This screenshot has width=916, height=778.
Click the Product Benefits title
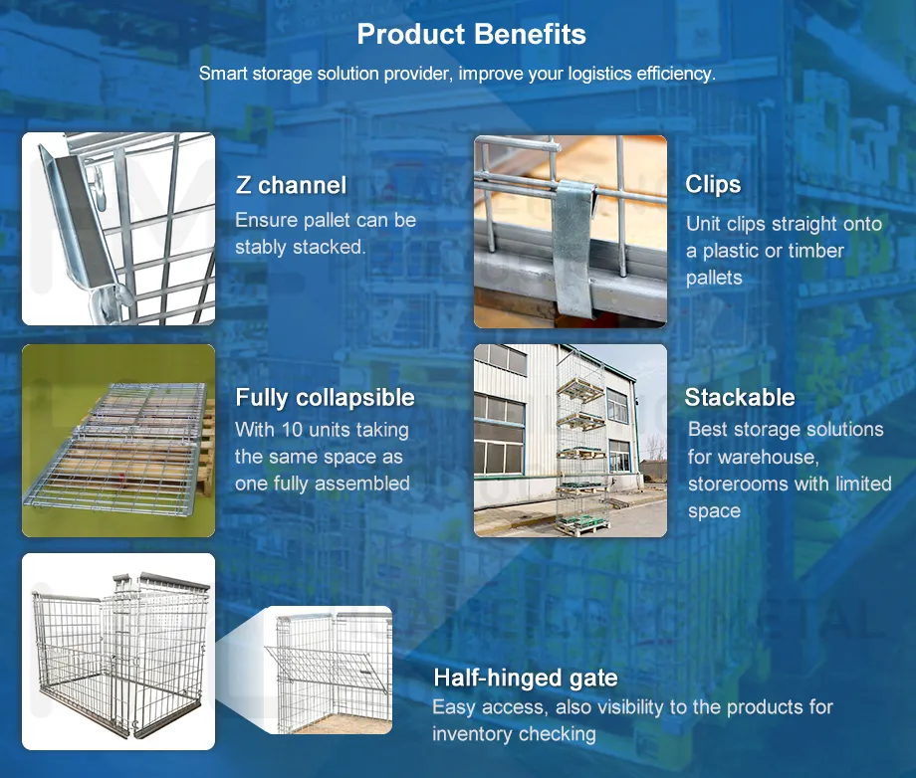point(471,35)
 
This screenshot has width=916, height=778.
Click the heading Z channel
point(291,185)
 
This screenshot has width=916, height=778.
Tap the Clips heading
point(713,184)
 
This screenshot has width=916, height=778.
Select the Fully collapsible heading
point(325,398)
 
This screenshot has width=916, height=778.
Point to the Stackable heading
point(740,398)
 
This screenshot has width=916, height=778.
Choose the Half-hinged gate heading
point(525,679)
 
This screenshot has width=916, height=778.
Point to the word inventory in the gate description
point(471,734)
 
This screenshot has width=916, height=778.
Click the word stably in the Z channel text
point(263,247)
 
